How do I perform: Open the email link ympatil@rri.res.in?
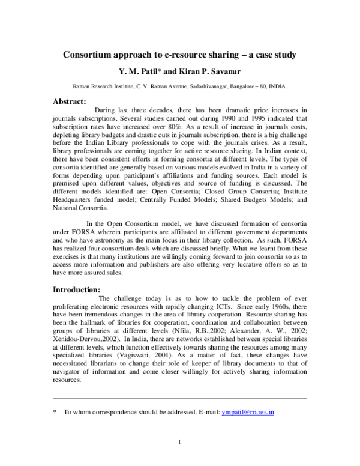[247, 413]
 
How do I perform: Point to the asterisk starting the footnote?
[55, 413]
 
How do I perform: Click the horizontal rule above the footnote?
[180, 399]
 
